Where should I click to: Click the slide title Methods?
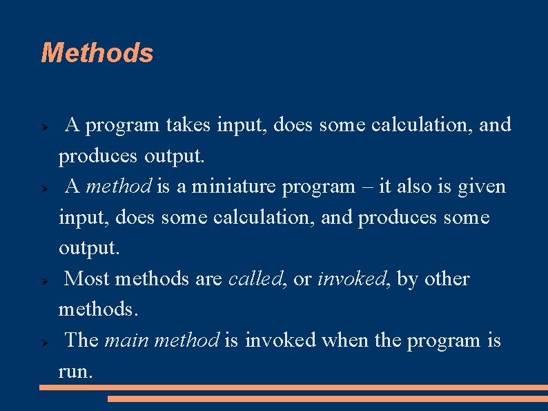97,53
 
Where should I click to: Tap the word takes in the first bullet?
189,126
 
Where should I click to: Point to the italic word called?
255,279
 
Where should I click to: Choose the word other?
447,279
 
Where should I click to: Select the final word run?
74,372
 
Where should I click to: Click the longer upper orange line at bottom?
293,388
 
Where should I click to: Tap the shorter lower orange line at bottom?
328,399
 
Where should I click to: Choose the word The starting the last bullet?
81,341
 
